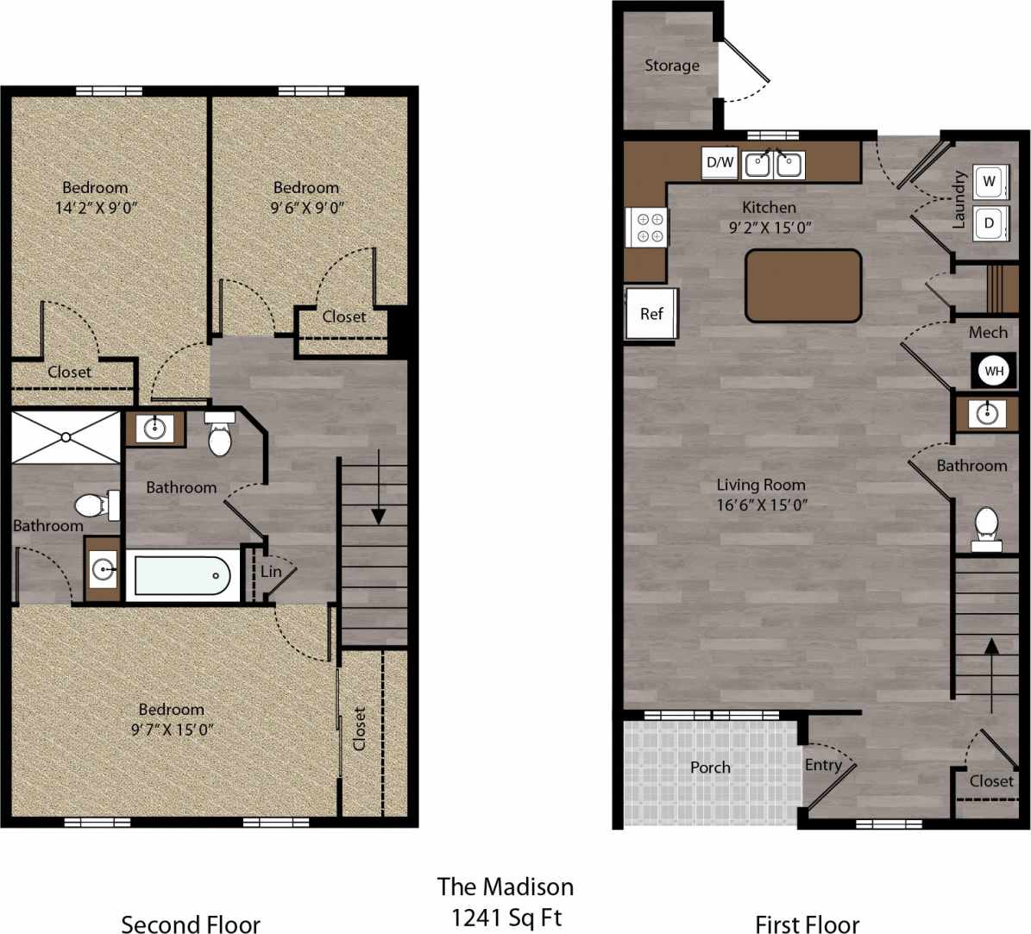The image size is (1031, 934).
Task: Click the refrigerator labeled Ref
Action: pyautogui.click(x=651, y=314)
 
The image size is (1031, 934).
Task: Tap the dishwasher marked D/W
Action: pyautogui.click(x=720, y=162)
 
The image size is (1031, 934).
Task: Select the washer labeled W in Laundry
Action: pyautogui.click(x=989, y=182)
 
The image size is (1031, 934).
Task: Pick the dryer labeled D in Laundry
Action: pyautogui.click(x=989, y=223)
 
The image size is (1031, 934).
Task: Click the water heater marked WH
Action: pyautogui.click(x=994, y=371)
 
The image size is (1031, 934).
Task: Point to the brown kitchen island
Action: pyautogui.click(x=803, y=285)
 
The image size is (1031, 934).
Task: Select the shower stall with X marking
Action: pyautogui.click(x=66, y=438)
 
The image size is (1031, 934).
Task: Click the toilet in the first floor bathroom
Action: pyautogui.click(x=986, y=527)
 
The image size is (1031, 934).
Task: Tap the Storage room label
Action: pyautogui.click(x=672, y=66)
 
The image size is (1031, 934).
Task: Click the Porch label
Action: pyautogui.click(x=710, y=768)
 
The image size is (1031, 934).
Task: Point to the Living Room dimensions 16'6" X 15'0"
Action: pyautogui.click(x=762, y=505)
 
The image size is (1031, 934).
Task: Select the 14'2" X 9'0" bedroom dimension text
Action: pyautogui.click(x=95, y=207)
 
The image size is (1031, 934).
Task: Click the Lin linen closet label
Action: pyautogui.click(x=271, y=572)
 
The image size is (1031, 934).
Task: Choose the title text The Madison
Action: pyautogui.click(x=505, y=887)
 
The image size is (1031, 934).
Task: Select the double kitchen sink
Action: pyautogui.click(x=774, y=163)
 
